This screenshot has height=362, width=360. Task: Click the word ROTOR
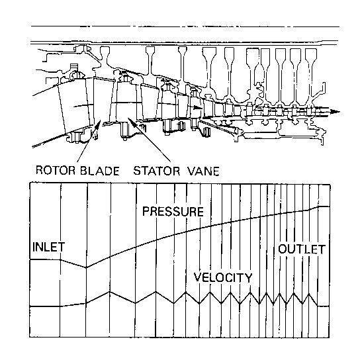(x=56, y=170)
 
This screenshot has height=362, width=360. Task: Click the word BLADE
(x=100, y=171)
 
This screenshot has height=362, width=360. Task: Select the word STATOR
(x=157, y=171)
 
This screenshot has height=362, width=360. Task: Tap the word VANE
(x=203, y=171)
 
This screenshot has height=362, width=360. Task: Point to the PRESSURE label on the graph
(x=173, y=212)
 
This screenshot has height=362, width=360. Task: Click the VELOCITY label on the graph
(x=223, y=277)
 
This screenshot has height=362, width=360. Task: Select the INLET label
(x=49, y=247)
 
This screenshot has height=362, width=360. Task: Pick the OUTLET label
(x=302, y=249)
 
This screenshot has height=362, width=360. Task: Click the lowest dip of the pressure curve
(x=87, y=267)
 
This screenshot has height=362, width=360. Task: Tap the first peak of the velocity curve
(x=110, y=292)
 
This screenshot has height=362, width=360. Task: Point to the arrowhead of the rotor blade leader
(x=99, y=123)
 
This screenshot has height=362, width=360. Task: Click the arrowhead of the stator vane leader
(x=130, y=120)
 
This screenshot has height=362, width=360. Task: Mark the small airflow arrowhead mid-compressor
(x=198, y=107)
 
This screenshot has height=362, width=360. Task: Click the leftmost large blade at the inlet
(x=75, y=106)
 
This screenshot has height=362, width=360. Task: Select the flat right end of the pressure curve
(x=324, y=206)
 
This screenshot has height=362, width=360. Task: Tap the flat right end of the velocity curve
(x=324, y=306)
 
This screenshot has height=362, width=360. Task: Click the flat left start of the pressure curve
(x=45, y=259)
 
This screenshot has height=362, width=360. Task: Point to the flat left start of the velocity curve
(x=45, y=306)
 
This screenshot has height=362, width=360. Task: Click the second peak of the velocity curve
(x=156, y=292)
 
